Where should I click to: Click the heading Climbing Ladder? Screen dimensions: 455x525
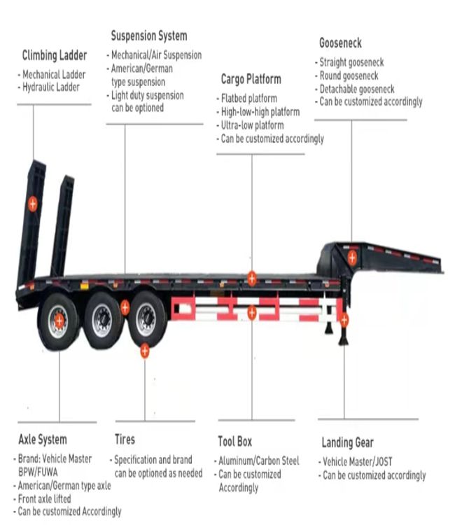click(x=55, y=55)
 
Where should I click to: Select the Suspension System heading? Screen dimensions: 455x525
click(x=149, y=36)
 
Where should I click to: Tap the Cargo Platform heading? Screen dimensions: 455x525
click(x=251, y=79)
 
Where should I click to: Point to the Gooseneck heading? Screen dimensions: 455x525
click(x=340, y=43)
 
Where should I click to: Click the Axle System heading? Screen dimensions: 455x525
click(x=43, y=440)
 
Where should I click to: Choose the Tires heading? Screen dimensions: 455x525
click(x=125, y=439)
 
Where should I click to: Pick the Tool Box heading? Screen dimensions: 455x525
click(x=234, y=441)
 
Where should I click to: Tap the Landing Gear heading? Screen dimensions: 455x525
click(x=347, y=442)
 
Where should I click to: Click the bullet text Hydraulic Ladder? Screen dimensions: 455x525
click(x=51, y=87)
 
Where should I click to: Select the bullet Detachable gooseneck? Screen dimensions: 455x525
click(x=357, y=89)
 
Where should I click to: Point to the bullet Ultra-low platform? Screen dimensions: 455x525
click(x=253, y=125)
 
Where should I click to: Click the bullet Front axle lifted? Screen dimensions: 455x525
click(x=45, y=499)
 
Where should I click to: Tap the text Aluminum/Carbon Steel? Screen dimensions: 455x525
click(x=259, y=461)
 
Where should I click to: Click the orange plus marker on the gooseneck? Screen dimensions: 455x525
click(x=352, y=258)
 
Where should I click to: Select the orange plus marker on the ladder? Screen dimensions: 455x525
click(x=32, y=204)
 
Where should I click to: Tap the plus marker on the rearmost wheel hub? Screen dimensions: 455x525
click(x=59, y=321)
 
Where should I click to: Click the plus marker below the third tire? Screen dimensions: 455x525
click(x=145, y=351)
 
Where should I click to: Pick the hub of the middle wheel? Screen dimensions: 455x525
click(x=102, y=318)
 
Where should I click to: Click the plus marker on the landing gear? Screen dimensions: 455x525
click(x=344, y=320)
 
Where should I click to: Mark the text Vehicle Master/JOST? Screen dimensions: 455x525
click(x=357, y=462)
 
